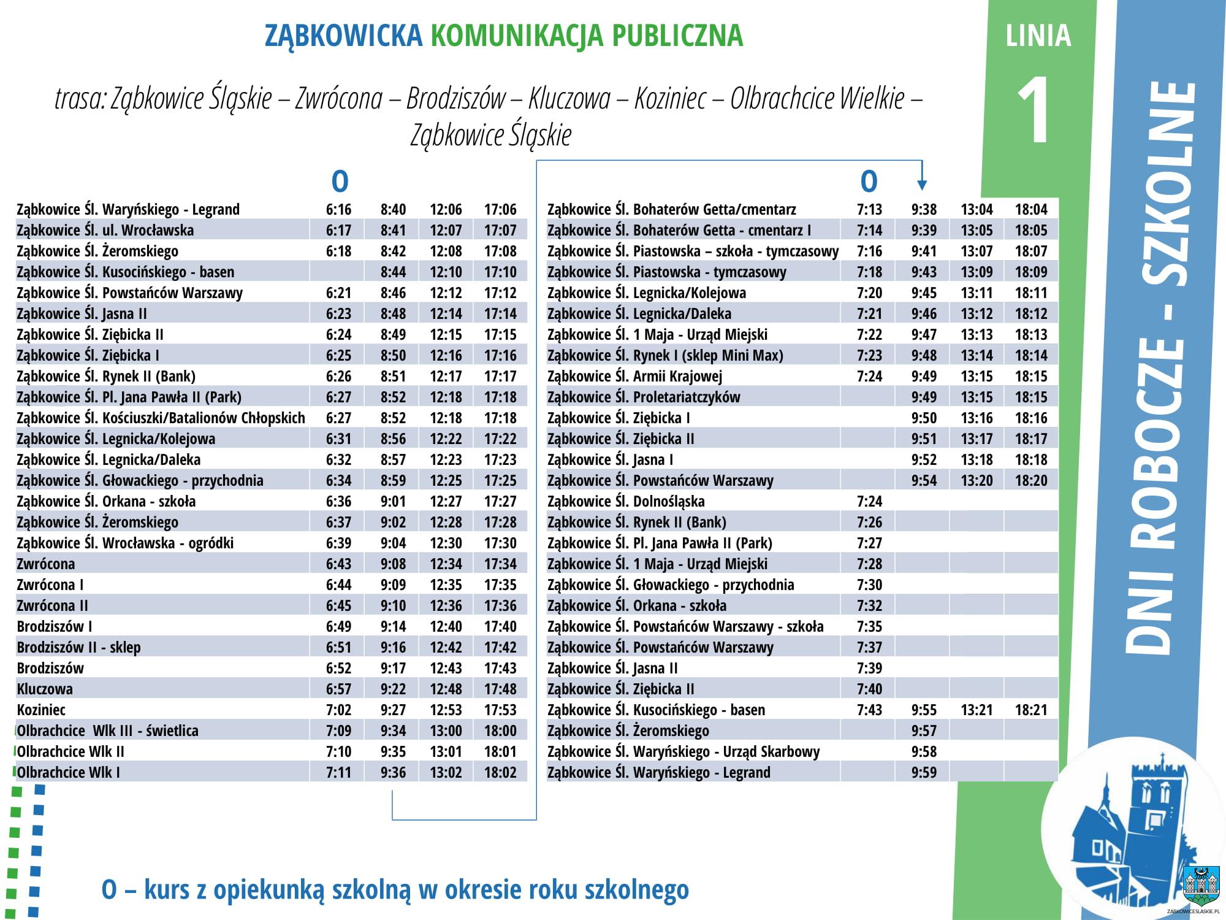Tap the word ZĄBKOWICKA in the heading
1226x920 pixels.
(343, 36)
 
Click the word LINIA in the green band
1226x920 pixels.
(1038, 36)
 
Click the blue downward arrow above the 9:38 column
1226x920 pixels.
(921, 183)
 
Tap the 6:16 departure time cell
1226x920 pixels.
(338, 210)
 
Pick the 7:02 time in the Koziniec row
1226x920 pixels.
(338, 710)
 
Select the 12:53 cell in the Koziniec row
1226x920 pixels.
(446, 710)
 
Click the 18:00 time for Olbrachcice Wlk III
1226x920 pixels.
(500, 731)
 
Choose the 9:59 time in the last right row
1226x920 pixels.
(924, 773)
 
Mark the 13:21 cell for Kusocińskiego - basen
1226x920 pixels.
(977, 710)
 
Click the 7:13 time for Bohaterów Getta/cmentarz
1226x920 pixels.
(869, 210)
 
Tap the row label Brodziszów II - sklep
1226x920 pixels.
(78, 648)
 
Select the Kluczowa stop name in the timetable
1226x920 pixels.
(45, 689)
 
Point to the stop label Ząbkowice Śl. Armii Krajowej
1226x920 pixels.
(634, 377)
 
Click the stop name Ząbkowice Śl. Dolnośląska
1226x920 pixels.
(626, 502)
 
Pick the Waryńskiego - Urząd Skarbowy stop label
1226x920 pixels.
(683, 752)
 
